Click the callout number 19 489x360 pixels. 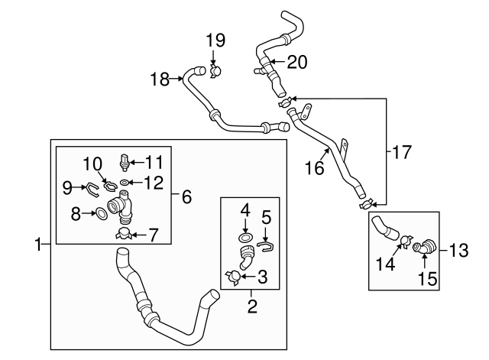[216, 40]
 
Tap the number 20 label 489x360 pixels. [296, 63]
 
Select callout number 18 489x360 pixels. [160, 79]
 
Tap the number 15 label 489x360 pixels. [428, 280]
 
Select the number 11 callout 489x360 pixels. [155, 161]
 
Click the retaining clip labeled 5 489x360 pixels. [266, 245]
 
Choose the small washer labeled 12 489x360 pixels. [125, 182]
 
